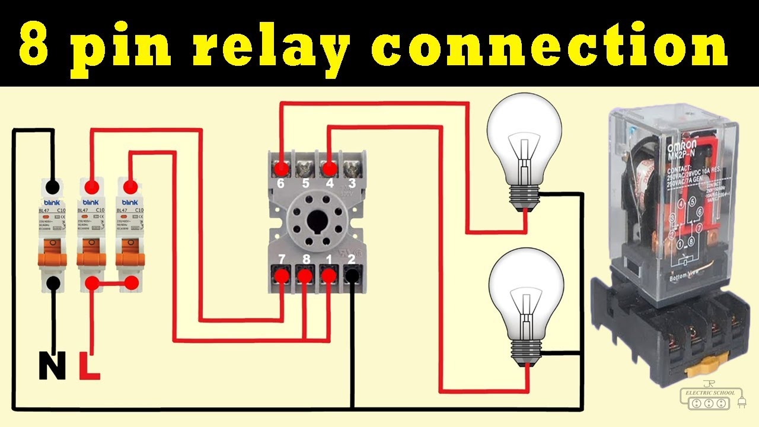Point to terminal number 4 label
pos(330,184)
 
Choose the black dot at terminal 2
pos(352,275)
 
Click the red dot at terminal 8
pos(305,275)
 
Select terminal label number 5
pos(305,184)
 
